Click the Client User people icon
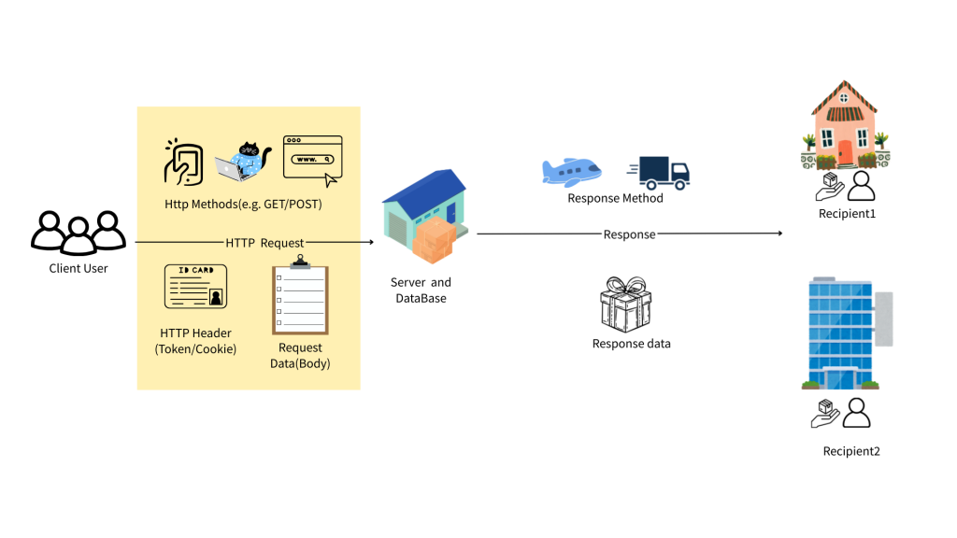click(78, 232)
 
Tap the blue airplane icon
click(571, 172)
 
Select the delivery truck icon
click(660, 172)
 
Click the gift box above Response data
click(626, 304)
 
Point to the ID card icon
click(195, 286)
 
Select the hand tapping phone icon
click(184, 162)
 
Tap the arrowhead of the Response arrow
click(779, 234)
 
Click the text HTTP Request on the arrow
click(264, 243)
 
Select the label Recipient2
click(850, 451)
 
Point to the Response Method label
click(615, 198)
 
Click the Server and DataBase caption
click(421, 290)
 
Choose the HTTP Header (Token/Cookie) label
click(195, 341)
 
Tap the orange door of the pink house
click(845, 152)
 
